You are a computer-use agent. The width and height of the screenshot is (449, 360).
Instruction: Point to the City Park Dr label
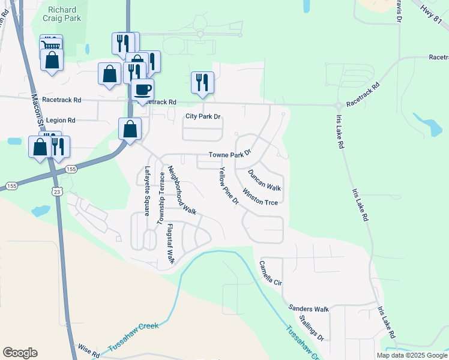pyautogui.click(x=203, y=116)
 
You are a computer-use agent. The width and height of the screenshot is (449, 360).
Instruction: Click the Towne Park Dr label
pyautogui.click(x=229, y=155)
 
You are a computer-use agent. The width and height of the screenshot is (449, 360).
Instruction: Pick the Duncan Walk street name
pyautogui.click(x=264, y=179)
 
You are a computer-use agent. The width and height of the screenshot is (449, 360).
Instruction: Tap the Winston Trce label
pyautogui.click(x=259, y=199)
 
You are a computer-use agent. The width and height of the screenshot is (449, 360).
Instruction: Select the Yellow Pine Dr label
pyautogui.click(x=229, y=187)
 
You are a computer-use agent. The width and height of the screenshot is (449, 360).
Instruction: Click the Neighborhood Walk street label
pyautogui.click(x=182, y=190)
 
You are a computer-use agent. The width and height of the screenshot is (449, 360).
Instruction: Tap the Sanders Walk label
pyautogui.click(x=309, y=309)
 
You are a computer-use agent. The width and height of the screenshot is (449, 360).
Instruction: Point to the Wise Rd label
pyautogui.click(x=88, y=350)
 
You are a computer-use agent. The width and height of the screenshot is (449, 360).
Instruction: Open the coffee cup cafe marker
pyautogui.click(x=142, y=90)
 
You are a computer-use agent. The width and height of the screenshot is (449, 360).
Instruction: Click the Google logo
pyautogui.click(x=20, y=353)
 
